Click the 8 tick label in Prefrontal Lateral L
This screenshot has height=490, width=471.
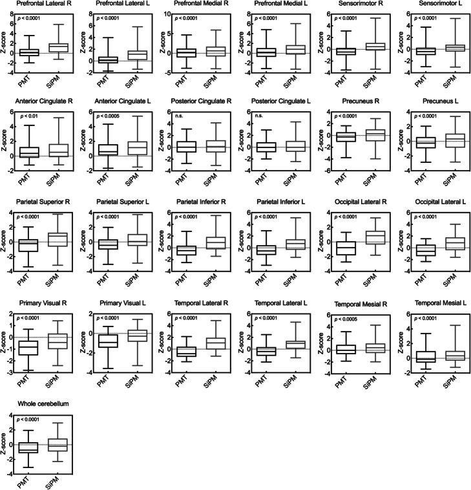(89, 13)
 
